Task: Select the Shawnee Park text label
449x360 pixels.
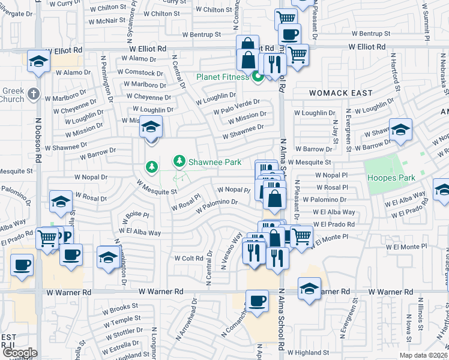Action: (215, 161)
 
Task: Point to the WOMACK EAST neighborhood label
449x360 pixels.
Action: (340, 94)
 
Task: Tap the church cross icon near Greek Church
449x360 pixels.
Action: (33, 94)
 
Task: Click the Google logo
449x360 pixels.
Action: (19, 353)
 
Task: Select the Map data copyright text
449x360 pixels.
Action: (424, 355)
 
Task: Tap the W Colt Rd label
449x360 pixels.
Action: (189, 258)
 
